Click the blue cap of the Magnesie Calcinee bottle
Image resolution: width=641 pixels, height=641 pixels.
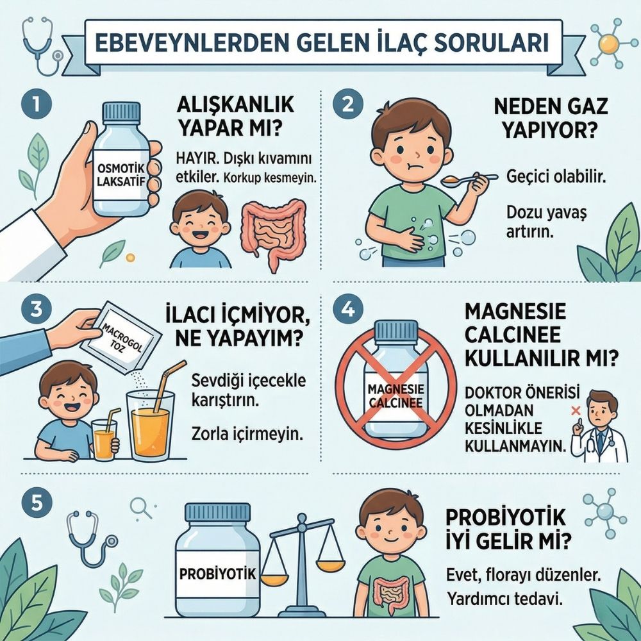point(395,332)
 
